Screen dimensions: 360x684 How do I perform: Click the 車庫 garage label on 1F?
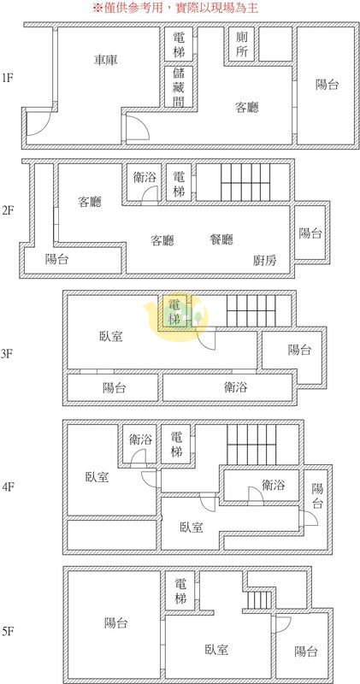(106, 60)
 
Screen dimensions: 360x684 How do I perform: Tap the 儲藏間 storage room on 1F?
(179, 86)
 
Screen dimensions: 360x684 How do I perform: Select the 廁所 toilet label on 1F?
(242, 44)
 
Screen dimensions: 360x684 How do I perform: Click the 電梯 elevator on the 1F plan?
(179, 44)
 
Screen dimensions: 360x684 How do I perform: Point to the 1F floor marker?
(8, 79)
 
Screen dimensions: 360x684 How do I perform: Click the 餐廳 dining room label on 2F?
(221, 239)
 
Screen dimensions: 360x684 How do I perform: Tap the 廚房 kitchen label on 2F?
(265, 261)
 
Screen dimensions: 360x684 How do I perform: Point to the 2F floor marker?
(9, 210)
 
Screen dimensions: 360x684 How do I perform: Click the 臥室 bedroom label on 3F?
(111, 336)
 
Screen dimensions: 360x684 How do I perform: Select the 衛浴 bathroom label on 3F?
(236, 387)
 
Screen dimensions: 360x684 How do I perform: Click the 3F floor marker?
(9, 354)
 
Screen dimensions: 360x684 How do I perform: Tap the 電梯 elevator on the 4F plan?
(177, 445)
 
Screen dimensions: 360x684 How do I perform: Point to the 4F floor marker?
(9, 486)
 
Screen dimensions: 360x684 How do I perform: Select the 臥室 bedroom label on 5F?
(216, 650)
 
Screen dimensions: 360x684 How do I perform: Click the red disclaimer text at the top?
(175, 8)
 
